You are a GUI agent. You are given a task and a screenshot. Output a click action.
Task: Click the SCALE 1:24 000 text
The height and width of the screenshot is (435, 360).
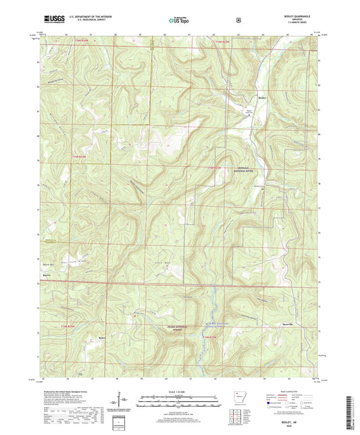(180, 392)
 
